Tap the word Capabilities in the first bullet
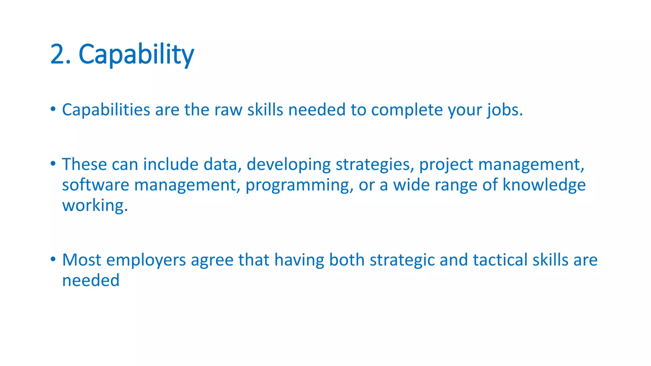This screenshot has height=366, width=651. pos(106,110)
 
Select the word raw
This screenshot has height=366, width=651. pos(228,110)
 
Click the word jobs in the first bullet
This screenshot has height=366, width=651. pos(504,110)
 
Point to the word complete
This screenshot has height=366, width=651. pos(407,110)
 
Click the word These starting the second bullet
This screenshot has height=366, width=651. pos(84,164)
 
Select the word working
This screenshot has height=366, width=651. pos(94,206)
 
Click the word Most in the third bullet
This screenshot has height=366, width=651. pos(82,260)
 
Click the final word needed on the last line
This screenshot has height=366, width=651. pos(91,281)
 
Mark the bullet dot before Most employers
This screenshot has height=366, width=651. pos(53,259)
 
